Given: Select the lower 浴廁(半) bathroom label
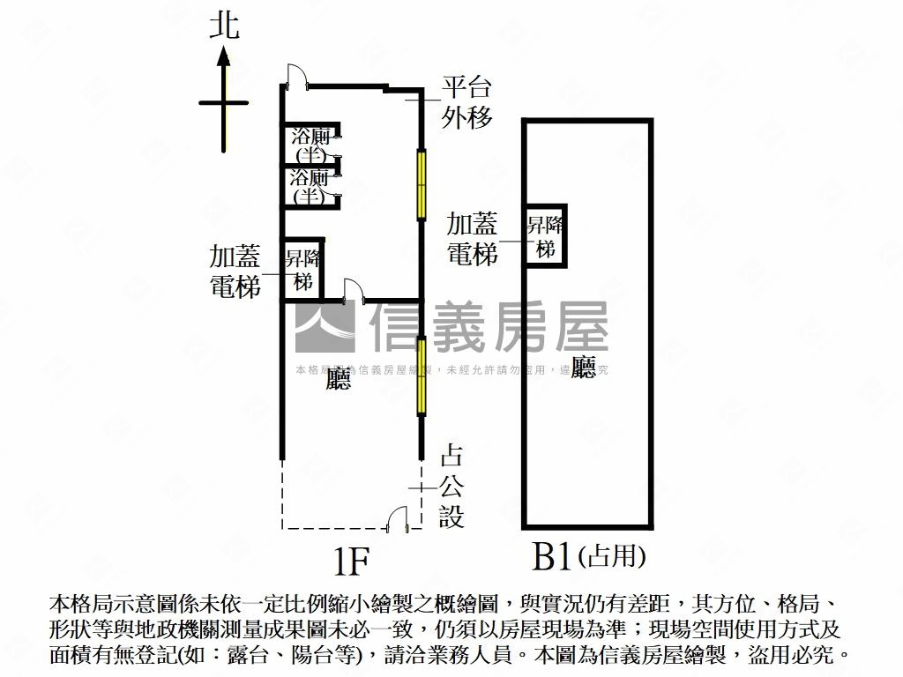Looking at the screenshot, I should coord(310,186).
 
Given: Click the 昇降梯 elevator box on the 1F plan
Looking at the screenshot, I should coord(302,270).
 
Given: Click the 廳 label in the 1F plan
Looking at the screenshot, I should coord(338,379).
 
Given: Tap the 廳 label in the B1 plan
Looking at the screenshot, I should coord(583,367).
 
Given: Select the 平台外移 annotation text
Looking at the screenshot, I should coord(466,102).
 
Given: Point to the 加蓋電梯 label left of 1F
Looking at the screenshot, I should coord(235,272).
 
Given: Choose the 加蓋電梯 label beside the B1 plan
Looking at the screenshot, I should coord(473,238).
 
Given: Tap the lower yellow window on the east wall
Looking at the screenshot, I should coord(422,376).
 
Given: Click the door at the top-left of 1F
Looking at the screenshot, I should coord(296,78).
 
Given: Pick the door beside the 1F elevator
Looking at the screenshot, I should coord(352,289).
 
